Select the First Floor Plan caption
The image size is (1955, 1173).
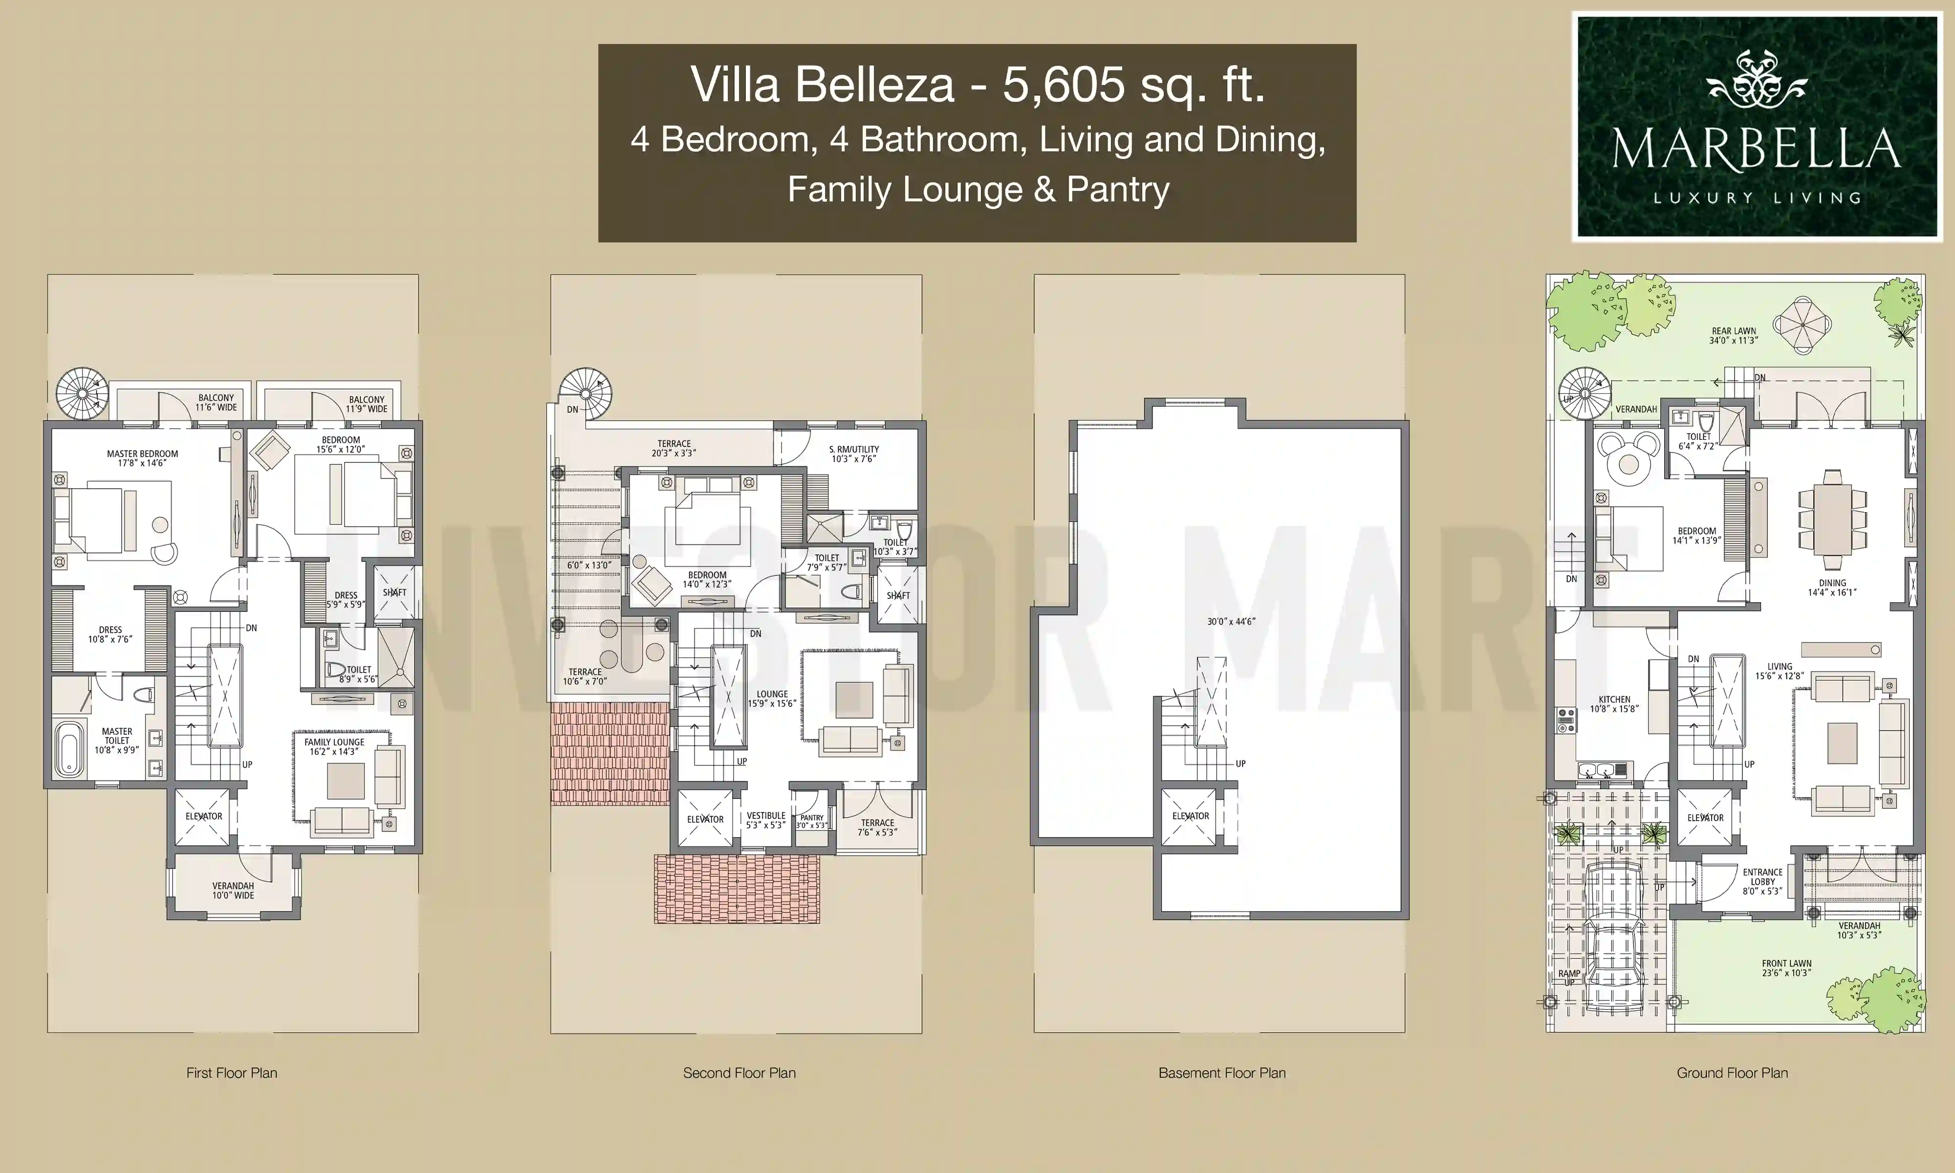[x=232, y=1073]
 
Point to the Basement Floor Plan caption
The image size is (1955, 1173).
[x=1222, y=1073]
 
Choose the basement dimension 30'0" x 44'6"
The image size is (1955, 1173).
[x=1231, y=621]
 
